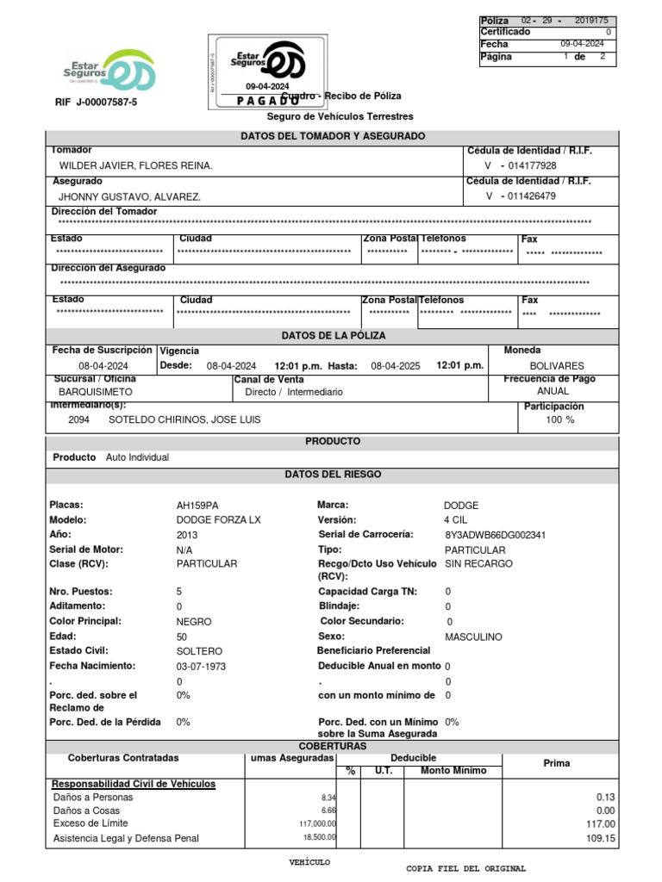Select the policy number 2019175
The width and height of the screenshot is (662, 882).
(590, 20)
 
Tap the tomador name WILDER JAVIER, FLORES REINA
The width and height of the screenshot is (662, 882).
(135, 165)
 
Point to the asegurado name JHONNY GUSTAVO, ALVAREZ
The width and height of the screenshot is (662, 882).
(129, 196)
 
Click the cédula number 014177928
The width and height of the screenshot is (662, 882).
(532, 165)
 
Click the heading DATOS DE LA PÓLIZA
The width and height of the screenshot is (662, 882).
(334, 335)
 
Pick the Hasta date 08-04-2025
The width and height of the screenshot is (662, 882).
(396, 365)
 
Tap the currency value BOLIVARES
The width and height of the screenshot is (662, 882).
(556, 366)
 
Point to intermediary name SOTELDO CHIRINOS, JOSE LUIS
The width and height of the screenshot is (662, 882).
(184, 419)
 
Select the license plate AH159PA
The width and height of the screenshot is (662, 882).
(197, 506)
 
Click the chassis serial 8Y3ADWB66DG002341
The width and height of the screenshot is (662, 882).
(495, 535)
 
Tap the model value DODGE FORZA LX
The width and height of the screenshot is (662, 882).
(218, 520)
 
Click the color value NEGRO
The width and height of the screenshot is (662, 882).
(193, 621)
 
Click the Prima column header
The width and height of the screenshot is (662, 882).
(556, 763)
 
